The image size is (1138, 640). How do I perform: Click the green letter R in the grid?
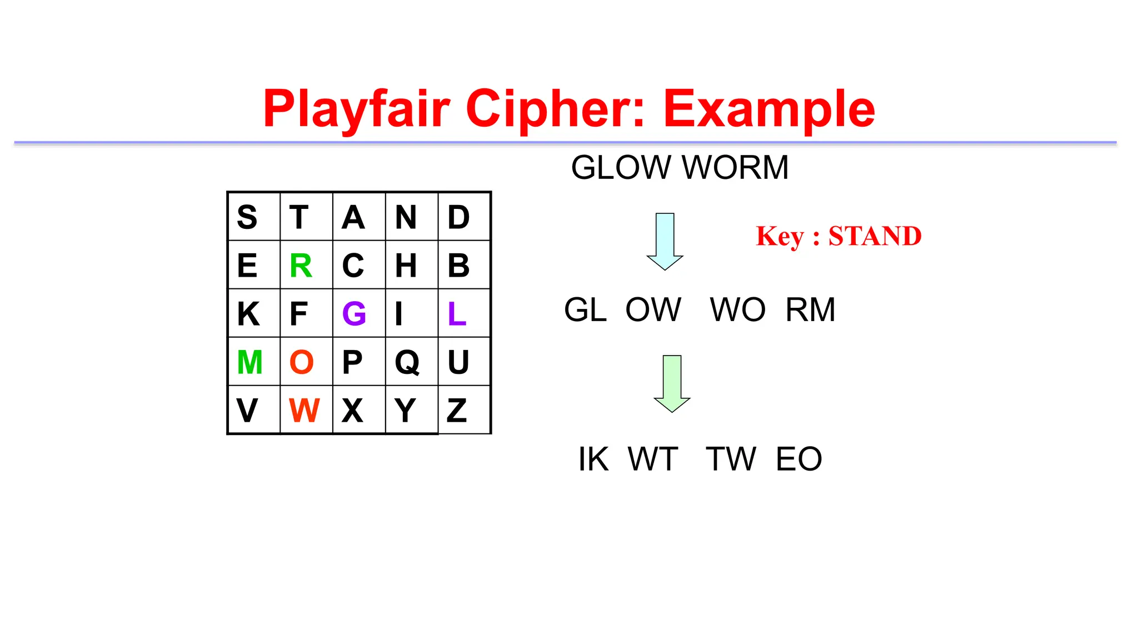[301, 266]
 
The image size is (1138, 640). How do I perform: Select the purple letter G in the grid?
[354, 313]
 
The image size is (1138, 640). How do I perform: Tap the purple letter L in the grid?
[457, 313]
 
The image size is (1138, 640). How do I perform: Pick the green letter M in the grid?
[249, 362]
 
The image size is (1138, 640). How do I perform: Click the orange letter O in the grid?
[302, 362]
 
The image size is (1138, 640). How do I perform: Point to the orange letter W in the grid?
[304, 411]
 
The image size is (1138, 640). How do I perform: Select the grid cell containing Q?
[407, 362]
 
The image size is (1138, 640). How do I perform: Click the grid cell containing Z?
[457, 411]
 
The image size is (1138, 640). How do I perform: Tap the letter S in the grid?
[247, 217]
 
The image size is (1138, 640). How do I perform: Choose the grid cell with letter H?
[406, 266]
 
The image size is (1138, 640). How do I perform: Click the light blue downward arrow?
[665, 241]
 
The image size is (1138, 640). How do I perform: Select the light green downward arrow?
[672, 383]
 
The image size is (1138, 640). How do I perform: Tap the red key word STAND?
[875, 236]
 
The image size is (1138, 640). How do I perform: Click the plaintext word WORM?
[735, 167]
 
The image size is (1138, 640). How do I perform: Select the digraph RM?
[810, 309]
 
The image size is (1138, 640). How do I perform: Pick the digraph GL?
[585, 309]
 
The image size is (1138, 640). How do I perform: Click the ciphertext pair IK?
[593, 459]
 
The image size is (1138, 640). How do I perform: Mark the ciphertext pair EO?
[798, 459]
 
